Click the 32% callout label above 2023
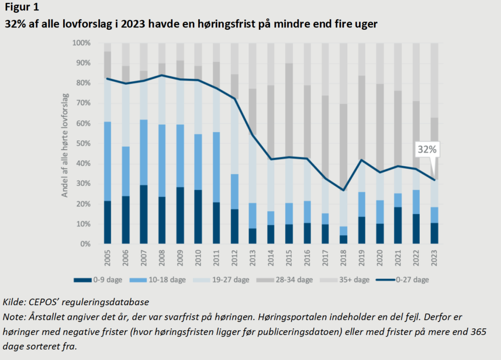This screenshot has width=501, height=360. [427, 150]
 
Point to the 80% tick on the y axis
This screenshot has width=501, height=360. [81, 84]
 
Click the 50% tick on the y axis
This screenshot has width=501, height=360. [81, 144]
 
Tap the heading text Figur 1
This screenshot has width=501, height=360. [23, 8]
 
